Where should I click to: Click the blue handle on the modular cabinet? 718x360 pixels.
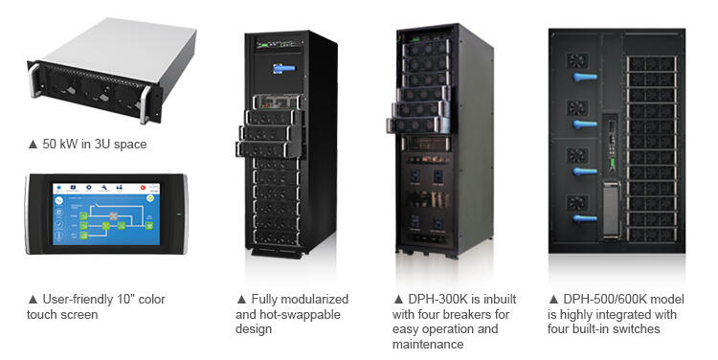pyautogui.click(x=283, y=68)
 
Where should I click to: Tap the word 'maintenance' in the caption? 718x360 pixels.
pyautogui.click(x=431, y=344)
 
